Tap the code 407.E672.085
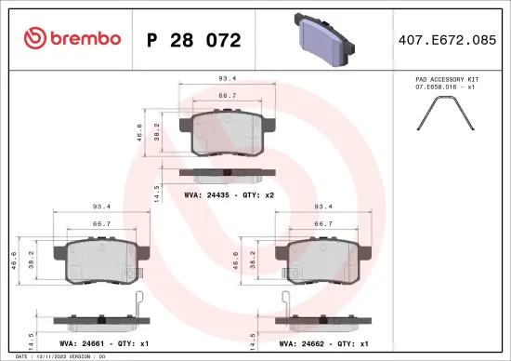(x=448, y=40)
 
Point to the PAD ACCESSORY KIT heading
(x=448, y=81)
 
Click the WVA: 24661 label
(x=79, y=342)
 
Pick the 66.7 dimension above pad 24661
(x=103, y=224)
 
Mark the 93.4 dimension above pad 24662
(x=325, y=207)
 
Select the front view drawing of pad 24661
(x=101, y=261)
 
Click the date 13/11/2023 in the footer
(x=50, y=356)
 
